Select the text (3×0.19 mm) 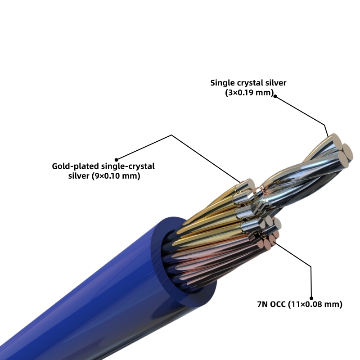pyautogui.click(x=249, y=93)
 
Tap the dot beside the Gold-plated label pyautogui.click(x=117, y=159)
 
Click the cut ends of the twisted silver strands pyautogui.click(x=341, y=151)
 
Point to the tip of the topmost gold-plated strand pyautogui.click(x=248, y=184)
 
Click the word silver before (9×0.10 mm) pyautogui.click(x=78, y=176)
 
